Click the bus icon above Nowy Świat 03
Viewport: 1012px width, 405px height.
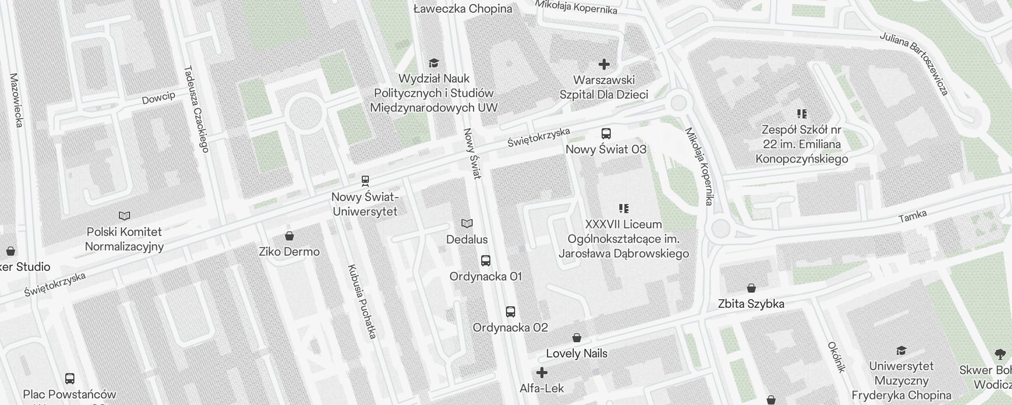click(x=606, y=134)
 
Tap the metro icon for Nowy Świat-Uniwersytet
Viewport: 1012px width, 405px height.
click(x=365, y=181)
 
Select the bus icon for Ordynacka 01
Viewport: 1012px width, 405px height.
click(x=485, y=261)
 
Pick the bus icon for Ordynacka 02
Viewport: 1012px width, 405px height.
click(x=510, y=312)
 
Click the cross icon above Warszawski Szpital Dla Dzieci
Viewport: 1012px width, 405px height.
click(x=604, y=64)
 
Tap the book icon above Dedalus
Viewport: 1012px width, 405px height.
click(x=467, y=224)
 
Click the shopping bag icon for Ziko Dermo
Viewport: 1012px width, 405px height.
click(x=289, y=236)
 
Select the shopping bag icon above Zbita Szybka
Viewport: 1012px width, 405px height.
click(x=751, y=288)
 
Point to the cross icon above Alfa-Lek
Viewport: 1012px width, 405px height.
click(x=541, y=373)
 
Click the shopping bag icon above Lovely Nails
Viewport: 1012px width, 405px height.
click(x=576, y=338)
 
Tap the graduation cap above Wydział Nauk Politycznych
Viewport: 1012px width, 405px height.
click(x=434, y=63)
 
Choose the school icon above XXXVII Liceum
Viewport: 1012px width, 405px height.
click(x=623, y=209)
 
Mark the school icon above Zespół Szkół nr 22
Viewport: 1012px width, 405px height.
click(x=802, y=114)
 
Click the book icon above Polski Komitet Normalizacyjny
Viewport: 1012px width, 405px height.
click(x=124, y=216)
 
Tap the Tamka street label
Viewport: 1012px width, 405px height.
click(x=912, y=217)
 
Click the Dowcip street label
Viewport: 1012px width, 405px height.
click(x=158, y=98)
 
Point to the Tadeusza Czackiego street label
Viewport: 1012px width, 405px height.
click(x=196, y=109)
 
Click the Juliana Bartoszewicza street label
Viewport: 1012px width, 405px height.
click(x=913, y=64)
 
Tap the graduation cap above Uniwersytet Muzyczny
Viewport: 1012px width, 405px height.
click(x=901, y=350)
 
